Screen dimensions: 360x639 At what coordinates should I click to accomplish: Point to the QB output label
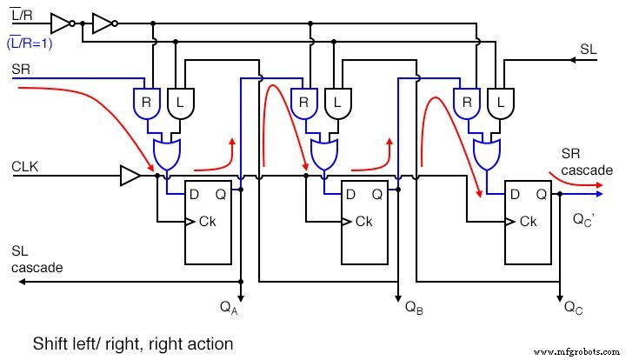(414, 306)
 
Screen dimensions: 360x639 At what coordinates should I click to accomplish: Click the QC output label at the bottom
(573, 306)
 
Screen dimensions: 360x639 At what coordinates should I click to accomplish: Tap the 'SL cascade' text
(37, 259)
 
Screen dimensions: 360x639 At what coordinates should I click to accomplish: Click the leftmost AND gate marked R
(145, 102)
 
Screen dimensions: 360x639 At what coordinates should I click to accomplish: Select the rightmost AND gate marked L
(501, 102)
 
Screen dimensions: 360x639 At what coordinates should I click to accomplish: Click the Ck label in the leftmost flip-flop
(206, 222)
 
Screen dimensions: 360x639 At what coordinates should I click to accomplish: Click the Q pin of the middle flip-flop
(379, 195)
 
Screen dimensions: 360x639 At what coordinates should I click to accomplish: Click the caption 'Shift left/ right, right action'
(133, 343)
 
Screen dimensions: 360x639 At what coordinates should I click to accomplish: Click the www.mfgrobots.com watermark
(582, 352)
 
